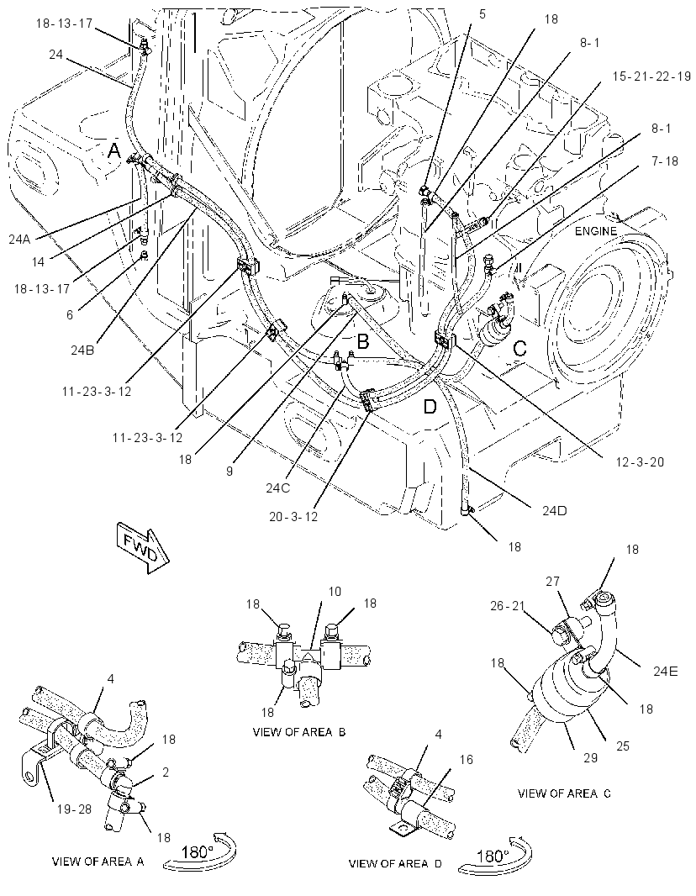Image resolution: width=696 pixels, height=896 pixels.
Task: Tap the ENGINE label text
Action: click(595, 231)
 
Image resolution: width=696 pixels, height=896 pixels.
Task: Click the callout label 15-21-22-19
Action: click(651, 76)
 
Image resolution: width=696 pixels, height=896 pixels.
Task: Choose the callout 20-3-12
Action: click(293, 516)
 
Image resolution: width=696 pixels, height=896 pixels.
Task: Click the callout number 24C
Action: click(278, 488)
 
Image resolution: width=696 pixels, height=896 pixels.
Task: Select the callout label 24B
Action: click(82, 350)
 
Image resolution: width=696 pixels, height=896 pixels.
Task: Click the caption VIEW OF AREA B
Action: click(299, 732)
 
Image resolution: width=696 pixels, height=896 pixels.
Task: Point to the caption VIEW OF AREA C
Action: click(564, 793)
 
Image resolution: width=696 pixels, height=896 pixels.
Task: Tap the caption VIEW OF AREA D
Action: click(395, 863)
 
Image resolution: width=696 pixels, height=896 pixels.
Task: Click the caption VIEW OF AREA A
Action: click(98, 862)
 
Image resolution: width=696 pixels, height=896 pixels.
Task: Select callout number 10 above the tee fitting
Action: click(335, 592)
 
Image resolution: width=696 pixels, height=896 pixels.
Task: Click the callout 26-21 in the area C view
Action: click(507, 606)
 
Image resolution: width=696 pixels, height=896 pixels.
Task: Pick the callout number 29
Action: click(590, 757)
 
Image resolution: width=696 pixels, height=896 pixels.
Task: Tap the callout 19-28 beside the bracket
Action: click(74, 809)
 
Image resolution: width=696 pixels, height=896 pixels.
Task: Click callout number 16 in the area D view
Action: click(467, 759)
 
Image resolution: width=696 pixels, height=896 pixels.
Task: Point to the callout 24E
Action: click(665, 672)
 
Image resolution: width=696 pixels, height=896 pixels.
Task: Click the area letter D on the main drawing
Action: click(430, 407)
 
